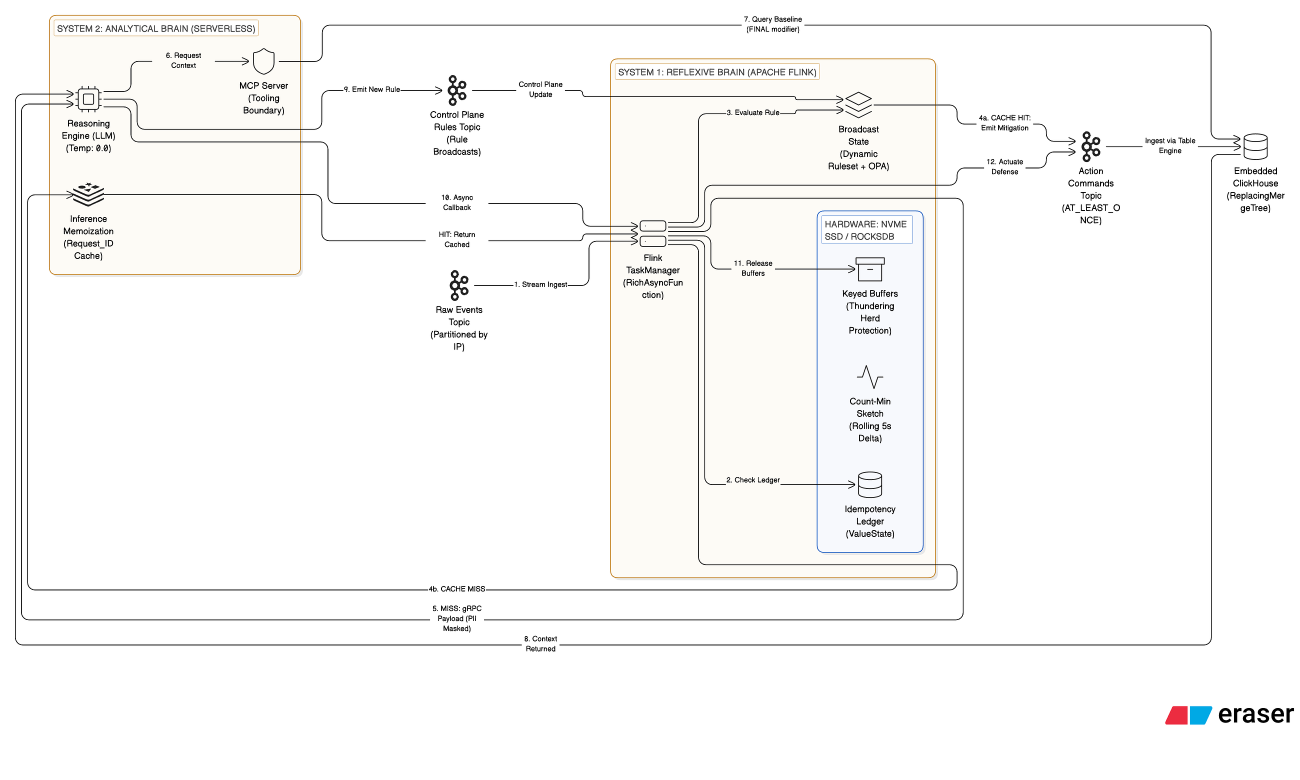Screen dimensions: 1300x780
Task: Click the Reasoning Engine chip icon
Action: (88, 99)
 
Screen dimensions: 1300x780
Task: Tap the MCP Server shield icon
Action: (263, 61)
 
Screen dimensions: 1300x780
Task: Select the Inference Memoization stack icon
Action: (88, 194)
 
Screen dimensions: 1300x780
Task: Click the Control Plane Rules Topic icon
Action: (456, 90)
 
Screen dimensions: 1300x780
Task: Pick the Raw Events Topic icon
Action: (458, 285)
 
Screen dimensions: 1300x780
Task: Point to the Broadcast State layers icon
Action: (858, 105)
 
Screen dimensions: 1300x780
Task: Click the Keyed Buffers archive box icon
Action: (869, 269)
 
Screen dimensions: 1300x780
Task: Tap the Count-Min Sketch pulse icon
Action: (869, 377)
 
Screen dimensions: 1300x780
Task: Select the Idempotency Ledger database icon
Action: (869, 484)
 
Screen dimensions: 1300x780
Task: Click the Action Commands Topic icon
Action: (1090, 146)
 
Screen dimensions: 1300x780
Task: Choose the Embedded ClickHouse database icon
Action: (1255, 146)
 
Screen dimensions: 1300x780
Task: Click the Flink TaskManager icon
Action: (652, 233)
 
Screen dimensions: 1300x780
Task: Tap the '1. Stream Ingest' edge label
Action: (540, 284)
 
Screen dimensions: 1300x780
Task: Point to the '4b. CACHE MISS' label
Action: (456, 588)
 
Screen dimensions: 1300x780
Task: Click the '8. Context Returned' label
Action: (540, 644)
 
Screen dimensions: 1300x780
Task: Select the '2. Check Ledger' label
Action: (752, 480)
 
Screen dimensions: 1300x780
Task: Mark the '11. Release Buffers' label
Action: (752, 268)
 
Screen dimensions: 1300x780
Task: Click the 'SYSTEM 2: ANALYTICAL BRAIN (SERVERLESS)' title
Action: (156, 28)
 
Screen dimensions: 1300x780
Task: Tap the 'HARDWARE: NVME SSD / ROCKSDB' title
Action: (865, 230)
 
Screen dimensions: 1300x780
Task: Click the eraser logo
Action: (1229, 715)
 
